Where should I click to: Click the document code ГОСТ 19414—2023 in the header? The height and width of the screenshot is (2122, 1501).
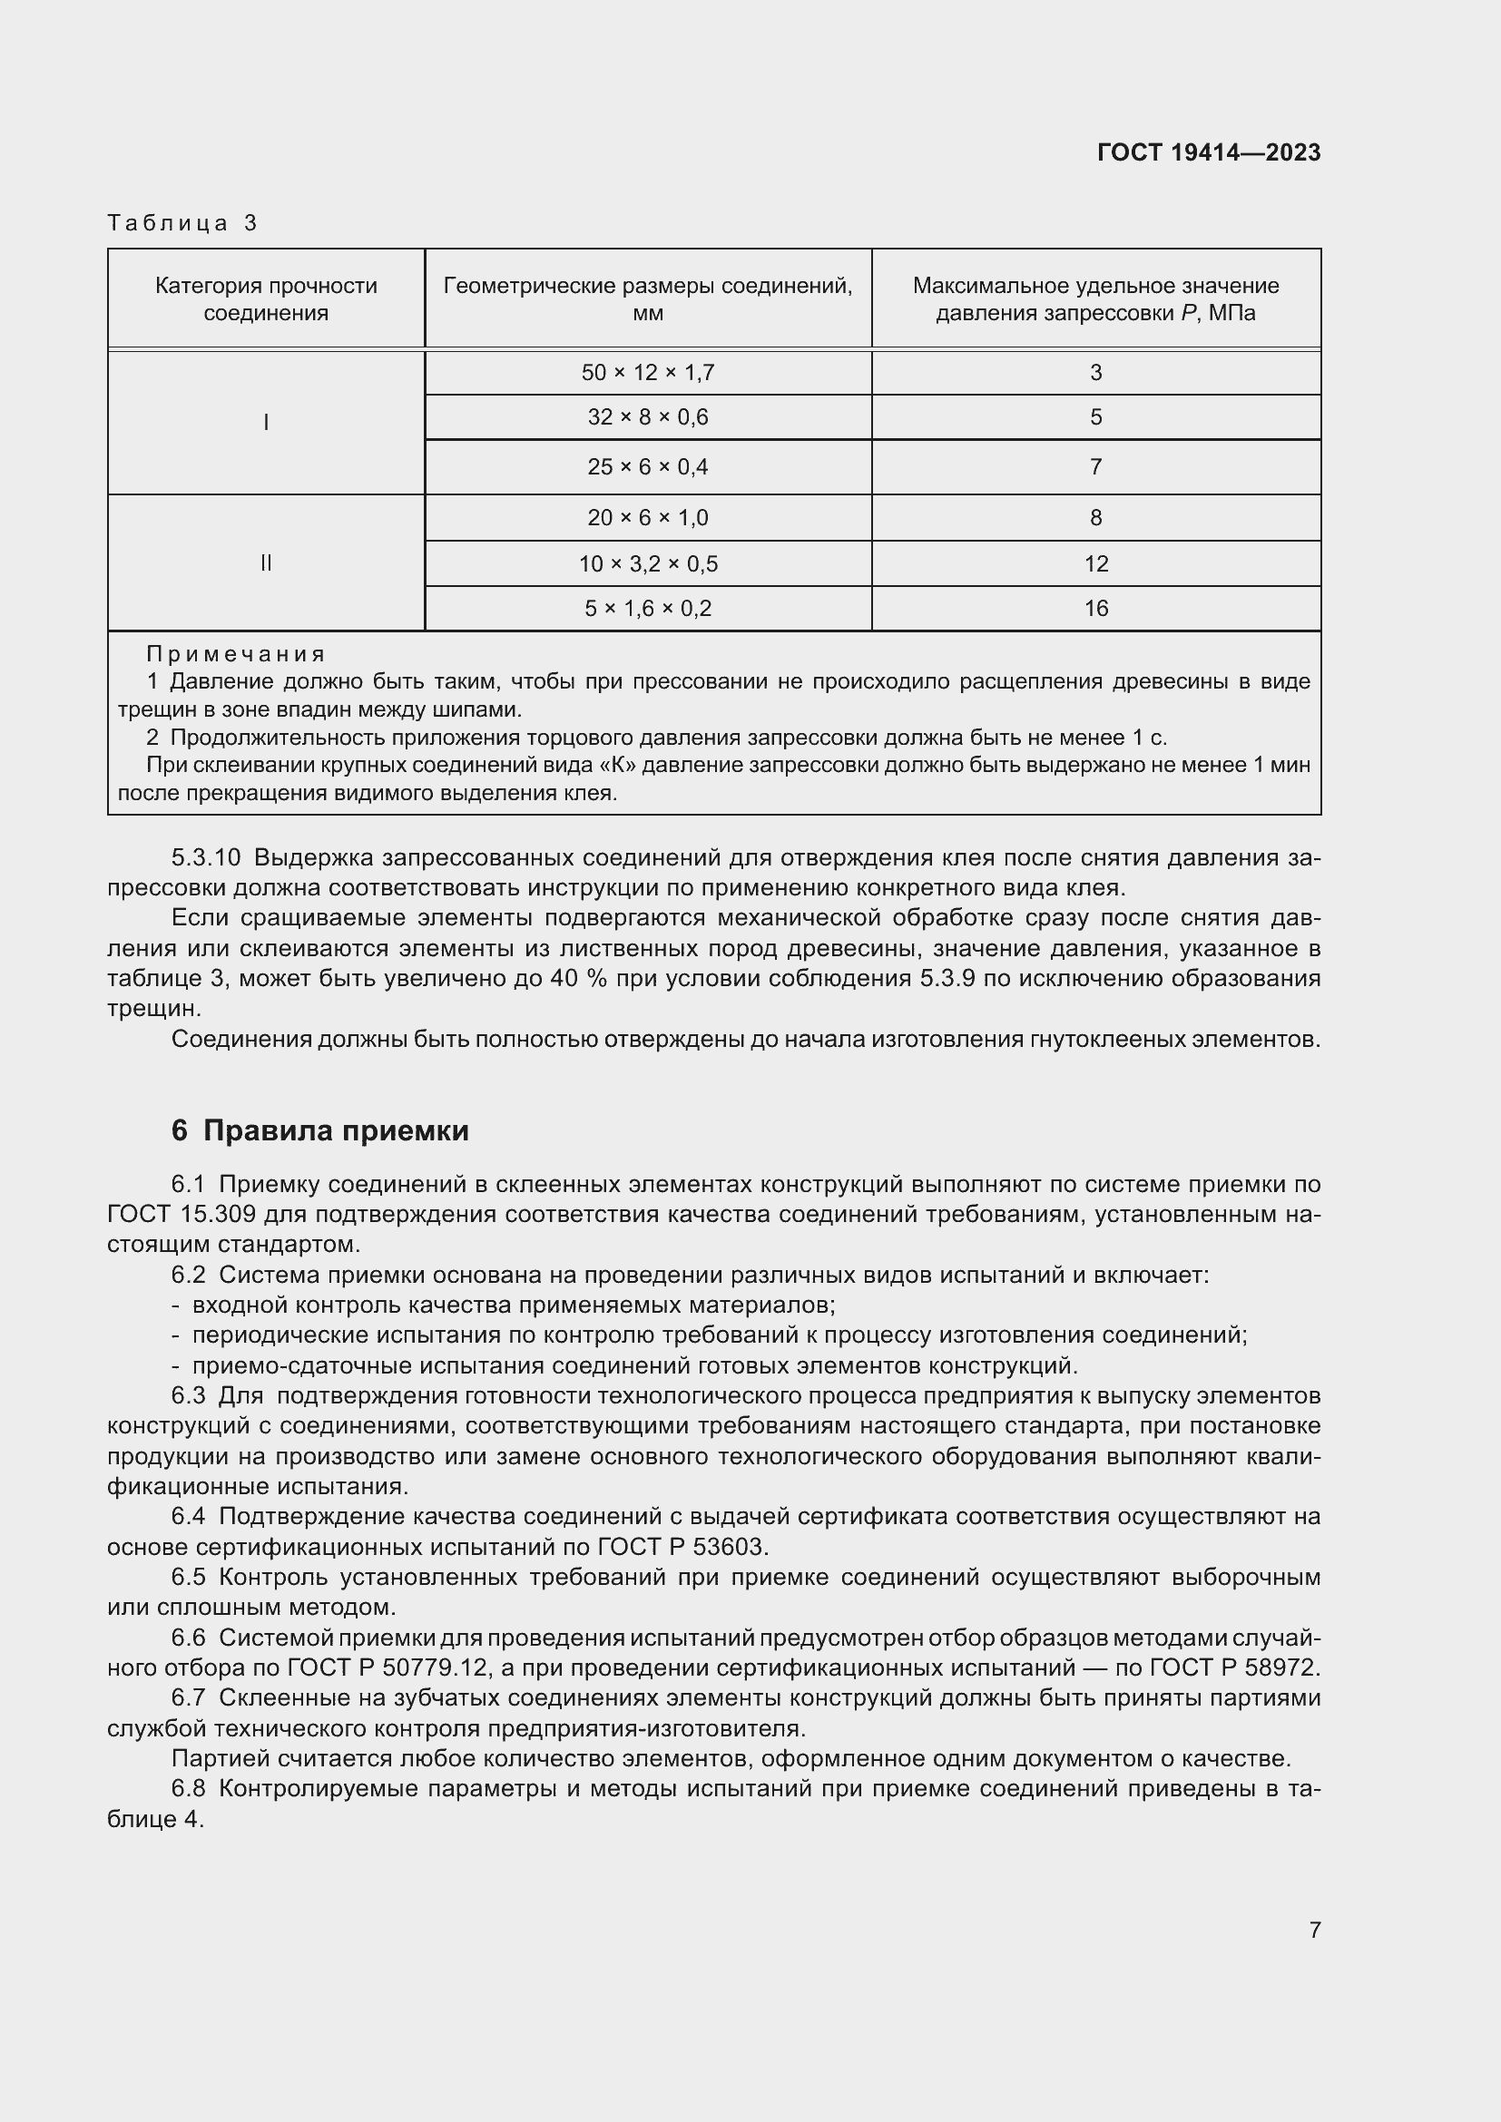pos(1208,152)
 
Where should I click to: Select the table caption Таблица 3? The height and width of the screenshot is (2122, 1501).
pos(182,223)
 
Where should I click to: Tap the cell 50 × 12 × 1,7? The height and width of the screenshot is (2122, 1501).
pos(647,373)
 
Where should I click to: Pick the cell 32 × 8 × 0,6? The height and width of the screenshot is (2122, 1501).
pos(647,417)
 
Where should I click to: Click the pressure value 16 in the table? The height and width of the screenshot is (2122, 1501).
pos(1095,608)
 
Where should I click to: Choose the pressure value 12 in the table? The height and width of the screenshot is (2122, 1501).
pos(1095,563)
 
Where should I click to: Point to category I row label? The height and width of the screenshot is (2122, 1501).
pos(266,423)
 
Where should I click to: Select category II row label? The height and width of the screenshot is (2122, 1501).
pos(266,562)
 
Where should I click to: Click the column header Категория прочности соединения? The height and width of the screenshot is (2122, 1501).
pos(266,298)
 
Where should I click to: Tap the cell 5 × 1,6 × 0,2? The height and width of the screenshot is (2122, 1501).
pos(647,608)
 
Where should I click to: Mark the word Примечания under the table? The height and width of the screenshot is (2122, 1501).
pos(236,654)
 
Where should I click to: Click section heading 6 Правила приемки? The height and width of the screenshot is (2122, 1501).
pos(319,1130)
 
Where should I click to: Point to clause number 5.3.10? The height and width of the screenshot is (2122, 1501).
pos(205,857)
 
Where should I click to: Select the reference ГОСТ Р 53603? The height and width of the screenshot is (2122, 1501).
pos(682,1547)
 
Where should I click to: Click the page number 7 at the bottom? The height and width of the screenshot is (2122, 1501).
pos(1314,1930)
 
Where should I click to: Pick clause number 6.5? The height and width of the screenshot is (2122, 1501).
pos(188,1578)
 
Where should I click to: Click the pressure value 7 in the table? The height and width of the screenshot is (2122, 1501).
pos(1095,466)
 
